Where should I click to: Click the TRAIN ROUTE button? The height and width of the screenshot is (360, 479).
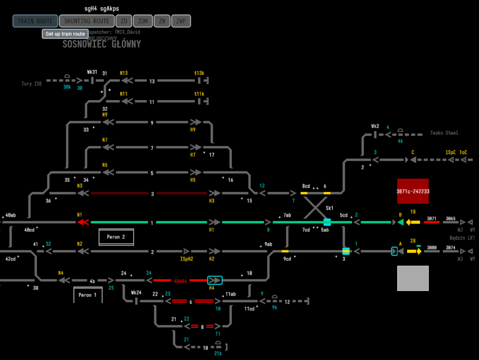tap(35, 21)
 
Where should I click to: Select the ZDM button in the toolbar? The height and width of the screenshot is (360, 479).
tap(143, 21)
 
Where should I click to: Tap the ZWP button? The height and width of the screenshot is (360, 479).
tap(181, 21)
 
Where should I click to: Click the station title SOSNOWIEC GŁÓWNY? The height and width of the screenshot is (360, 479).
tap(102, 45)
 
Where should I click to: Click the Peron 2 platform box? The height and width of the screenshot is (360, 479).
tap(116, 237)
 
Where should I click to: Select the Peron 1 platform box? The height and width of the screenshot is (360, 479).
tap(88, 295)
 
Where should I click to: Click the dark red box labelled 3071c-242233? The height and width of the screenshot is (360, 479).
tap(412, 191)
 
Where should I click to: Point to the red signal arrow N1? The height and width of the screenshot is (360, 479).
tap(83, 222)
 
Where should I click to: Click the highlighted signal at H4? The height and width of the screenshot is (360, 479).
tap(215, 280)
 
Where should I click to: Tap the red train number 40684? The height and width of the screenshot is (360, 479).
tap(180, 281)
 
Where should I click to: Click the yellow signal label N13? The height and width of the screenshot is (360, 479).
tap(124, 73)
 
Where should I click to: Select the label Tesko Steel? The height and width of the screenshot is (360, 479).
tap(444, 133)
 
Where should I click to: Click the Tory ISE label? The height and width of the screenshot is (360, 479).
tap(32, 84)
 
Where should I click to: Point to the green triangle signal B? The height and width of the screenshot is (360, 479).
tap(400, 222)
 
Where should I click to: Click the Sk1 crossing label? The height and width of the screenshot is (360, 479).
tap(330, 209)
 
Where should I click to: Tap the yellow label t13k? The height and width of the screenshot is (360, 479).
tap(199, 73)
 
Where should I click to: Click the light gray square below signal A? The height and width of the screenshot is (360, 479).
tap(412, 278)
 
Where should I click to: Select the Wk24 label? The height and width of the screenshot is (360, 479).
tap(136, 292)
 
